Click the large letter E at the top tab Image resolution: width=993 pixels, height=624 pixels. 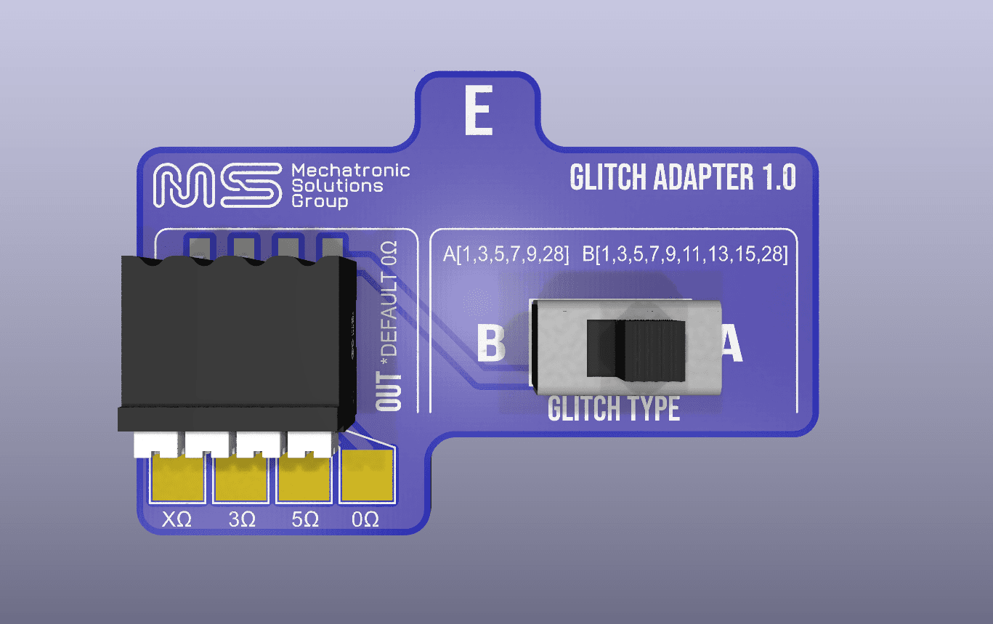coord(479,110)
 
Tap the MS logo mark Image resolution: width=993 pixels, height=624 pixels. coord(217,185)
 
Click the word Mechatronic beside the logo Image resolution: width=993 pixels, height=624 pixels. coord(351,170)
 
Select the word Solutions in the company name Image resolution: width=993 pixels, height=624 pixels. coord(337,186)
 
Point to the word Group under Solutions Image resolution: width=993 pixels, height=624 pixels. coord(320,202)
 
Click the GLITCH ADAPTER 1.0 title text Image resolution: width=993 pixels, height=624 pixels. coord(683,177)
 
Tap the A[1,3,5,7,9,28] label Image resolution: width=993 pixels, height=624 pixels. coord(506,254)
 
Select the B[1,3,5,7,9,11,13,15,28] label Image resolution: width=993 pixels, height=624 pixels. coord(685,254)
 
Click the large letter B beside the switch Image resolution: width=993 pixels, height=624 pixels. coord(491,343)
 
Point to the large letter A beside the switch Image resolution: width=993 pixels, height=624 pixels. coord(731,343)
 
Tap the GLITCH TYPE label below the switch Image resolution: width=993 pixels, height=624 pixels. coord(614,408)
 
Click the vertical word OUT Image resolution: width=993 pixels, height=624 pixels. coord(389,392)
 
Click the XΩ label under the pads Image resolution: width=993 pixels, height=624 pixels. coord(177,519)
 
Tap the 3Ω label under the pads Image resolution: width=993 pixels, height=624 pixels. coord(242,519)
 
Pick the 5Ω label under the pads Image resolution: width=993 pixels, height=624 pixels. coord(305,519)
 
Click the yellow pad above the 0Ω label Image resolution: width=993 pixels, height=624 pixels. coord(367,476)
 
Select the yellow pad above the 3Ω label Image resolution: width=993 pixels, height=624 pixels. coord(241,479)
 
